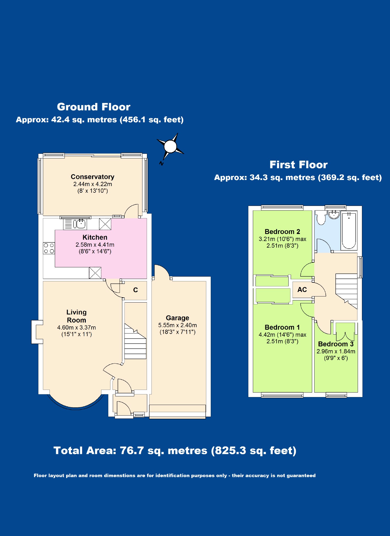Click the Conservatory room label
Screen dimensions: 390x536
pos(92,177)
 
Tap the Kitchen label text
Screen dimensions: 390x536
pos(95,237)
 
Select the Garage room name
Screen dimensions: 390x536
pos(177,318)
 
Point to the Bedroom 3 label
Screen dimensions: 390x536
pos(336,344)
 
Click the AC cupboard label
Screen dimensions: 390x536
pos(302,290)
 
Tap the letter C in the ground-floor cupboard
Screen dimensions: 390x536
pos(136,290)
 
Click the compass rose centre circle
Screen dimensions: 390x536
pos(170,146)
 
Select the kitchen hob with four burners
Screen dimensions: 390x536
pos(49,248)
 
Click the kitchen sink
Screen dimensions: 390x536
pos(79,224)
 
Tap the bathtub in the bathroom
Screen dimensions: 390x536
pos(349,230)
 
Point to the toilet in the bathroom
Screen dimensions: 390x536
pos(321,218)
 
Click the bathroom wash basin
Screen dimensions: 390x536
pos(334,214)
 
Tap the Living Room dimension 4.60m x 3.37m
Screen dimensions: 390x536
pos(77,327)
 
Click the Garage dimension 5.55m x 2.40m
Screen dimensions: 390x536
pos(177,325)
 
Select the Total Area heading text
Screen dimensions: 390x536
pos(175,451)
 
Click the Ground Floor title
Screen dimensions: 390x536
pos(94,107)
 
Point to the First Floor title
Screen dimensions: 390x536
pos(299,165)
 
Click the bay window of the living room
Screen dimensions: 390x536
pos(75,407)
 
